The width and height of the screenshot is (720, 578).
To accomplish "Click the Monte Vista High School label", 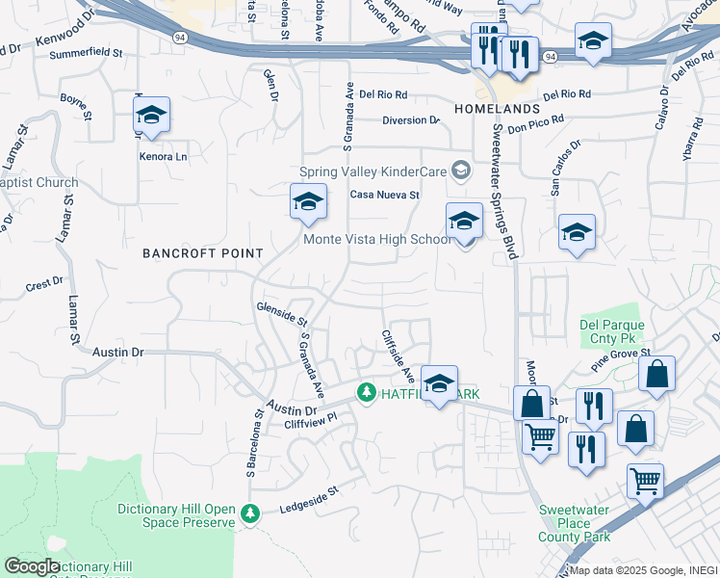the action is [376, 240].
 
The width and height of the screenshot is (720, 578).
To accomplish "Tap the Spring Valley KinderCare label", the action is [374, 171].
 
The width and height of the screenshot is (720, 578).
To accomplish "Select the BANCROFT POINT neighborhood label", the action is [202, 253].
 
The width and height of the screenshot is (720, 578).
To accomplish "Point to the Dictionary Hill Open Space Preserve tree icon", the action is [251, 514].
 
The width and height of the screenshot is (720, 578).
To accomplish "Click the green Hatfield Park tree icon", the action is [366, 393].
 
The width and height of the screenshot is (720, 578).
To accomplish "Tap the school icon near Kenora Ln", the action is [151, 117].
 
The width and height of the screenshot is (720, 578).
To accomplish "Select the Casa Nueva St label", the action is [385, 195].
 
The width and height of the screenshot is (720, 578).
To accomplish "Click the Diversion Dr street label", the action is [410, 120].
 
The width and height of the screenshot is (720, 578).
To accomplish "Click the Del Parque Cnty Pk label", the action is [609, 332].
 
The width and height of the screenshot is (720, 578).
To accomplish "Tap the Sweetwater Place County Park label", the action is [577, 522].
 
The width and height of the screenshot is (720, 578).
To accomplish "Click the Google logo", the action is [31, 567].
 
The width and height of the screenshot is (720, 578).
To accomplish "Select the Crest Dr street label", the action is [44, 283].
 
